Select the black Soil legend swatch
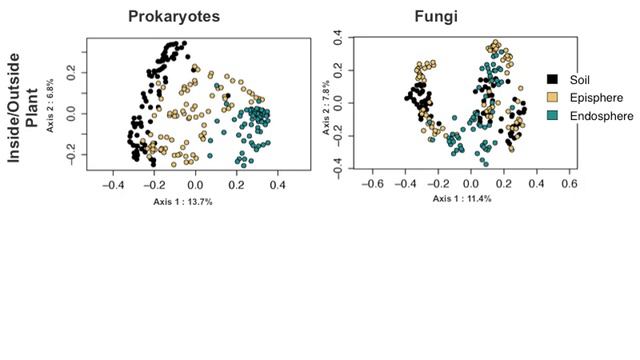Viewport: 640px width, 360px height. click(x=551, y=78)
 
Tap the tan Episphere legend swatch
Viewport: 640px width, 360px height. click(x=551, y=97)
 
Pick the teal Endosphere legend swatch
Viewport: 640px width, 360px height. click(x=551, y=116)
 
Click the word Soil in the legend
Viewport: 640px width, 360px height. click(x=578, y=78)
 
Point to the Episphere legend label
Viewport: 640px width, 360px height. click(x=592, y=97)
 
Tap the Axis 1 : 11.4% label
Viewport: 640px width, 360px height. click(x=462, y=199)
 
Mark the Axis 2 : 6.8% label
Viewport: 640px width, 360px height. click(x=48, y=101)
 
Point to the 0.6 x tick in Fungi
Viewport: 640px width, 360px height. click(x=568, y=184)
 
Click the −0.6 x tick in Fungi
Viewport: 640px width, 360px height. click(x=372, y=184)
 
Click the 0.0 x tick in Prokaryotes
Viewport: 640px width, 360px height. click(x=195, y=185)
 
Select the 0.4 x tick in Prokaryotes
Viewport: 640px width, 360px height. click(x=278, y=185)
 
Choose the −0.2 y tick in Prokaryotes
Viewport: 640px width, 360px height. click(x=70, y=155)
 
